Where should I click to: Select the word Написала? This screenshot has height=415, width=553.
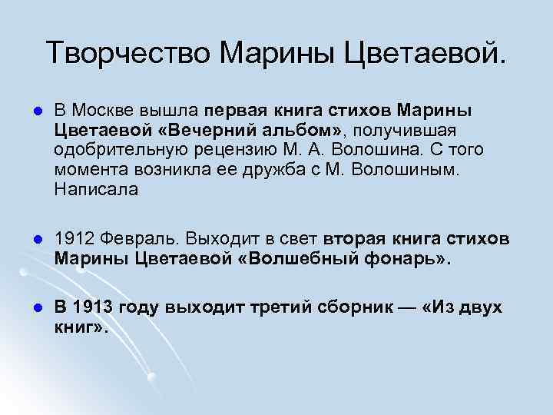[x=96, y=190]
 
